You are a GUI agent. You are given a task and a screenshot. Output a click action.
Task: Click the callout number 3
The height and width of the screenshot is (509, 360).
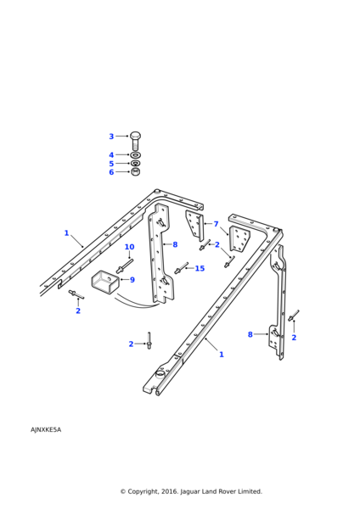point(111,137)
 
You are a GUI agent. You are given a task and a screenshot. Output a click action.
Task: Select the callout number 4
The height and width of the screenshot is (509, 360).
point(111,155)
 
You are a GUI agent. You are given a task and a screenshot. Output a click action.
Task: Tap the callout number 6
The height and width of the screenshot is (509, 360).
point(111,172)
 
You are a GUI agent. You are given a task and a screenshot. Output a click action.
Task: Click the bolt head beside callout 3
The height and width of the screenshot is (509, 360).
point(135,136)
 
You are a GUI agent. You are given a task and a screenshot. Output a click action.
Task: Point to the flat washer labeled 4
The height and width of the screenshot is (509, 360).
point(135,155)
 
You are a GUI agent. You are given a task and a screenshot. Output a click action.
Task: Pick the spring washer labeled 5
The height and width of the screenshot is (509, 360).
point(135,163)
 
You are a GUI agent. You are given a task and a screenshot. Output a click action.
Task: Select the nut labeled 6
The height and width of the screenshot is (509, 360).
point(136,171)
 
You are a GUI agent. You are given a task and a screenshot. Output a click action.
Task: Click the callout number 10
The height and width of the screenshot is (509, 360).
point(129,247)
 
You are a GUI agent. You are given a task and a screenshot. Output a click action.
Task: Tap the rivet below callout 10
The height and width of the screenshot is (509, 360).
point(125,266)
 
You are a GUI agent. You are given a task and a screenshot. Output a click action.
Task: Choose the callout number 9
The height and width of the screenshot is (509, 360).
point(132,280)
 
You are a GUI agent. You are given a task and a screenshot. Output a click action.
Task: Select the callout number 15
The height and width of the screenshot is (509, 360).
point(200,268)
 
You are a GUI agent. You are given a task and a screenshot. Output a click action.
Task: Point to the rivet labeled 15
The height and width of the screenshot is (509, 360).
point(182,268)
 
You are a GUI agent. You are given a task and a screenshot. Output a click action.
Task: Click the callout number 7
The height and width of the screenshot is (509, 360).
point(216,224)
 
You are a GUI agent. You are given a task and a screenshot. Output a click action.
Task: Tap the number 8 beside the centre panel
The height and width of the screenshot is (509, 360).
point(175,244)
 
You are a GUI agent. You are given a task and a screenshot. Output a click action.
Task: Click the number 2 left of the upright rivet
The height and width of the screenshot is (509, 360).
point(131,344)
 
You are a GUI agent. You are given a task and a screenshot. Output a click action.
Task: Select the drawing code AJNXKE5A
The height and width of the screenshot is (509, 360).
point(46,430)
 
